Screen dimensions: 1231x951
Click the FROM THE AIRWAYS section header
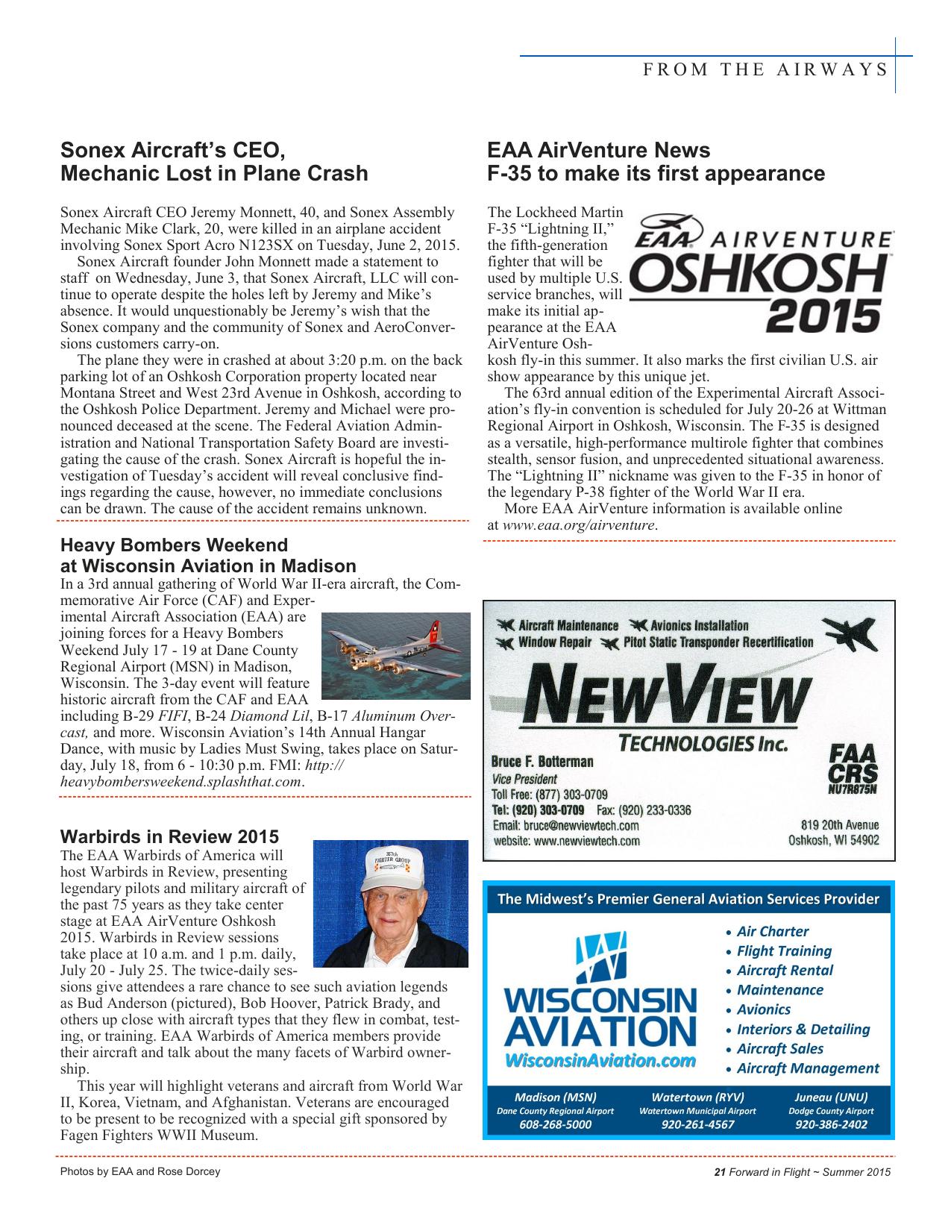click(x=764, y=70)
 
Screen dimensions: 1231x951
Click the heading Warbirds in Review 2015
click(x=169, y=836)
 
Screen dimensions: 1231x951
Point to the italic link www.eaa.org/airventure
click(x=580, y=525)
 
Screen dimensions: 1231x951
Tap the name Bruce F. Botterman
click(x=542, y=762)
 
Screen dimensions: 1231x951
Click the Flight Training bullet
click(x=783, y=951)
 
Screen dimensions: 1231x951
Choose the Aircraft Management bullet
click(x=807, y=1068)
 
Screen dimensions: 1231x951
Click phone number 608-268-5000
click(x=555, y=1125)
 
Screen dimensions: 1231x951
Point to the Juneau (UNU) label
click(x=831, y=1097)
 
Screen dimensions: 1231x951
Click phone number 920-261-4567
click(x=697, y=1125)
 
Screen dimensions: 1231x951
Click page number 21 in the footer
click(x=719, y=1172)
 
